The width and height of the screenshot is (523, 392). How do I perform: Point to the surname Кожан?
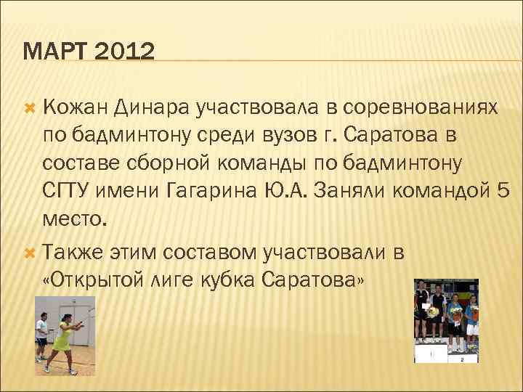coord(75,108)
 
